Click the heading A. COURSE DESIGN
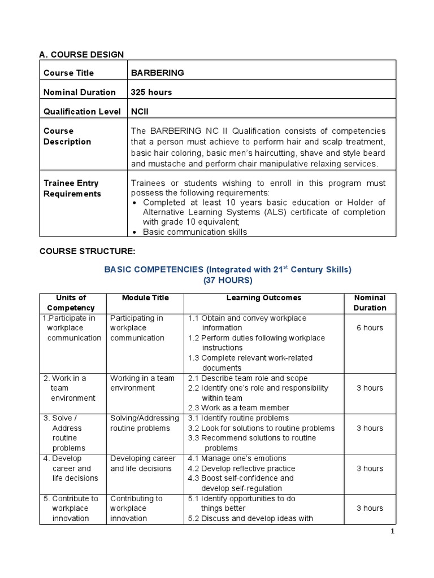pos(81,54)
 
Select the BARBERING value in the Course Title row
pos(158,73)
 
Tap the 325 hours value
pos(151,92)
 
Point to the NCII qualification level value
pos(140,111)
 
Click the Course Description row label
pos(67,136)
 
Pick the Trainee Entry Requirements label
pos(72,189)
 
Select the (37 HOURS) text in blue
pos(228,280)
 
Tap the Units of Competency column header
pos(71,303)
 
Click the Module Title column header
pos(145,297)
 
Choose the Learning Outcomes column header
pos(264,297)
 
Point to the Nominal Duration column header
pos(370,303)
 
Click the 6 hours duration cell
pos(370,328)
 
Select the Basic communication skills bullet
pos(195,232)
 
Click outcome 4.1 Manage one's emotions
pos(237,458)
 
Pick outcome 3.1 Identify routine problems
pos(238,418)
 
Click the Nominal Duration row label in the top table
pos(80,92)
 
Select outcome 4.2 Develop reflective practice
pos(241,468)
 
